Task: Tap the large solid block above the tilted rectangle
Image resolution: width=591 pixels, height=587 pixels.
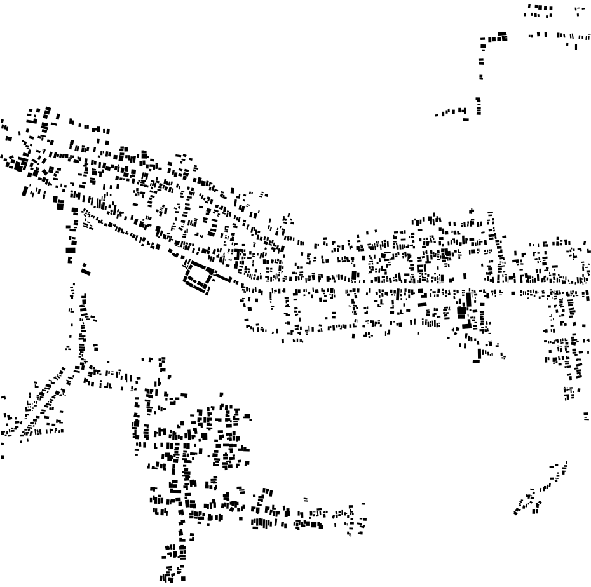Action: tap(71, 250)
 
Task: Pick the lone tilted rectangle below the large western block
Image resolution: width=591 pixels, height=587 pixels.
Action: tap(86, 269)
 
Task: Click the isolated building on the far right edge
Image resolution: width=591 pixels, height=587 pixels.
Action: tap(586, 415)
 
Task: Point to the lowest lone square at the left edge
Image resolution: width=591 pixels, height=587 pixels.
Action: tap(2, 456)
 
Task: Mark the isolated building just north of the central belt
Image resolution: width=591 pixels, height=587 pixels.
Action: tap(471, 210)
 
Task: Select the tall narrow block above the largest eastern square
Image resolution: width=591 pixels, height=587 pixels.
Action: tap(469, 298)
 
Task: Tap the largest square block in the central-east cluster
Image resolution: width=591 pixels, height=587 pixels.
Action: tap(462, 313)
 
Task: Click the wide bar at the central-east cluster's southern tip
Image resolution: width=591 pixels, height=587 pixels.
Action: tap(476, 361)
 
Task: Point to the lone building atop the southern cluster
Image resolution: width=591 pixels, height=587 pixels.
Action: tap(222, 394)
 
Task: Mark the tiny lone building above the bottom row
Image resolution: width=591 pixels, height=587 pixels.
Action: tap(306, 499)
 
